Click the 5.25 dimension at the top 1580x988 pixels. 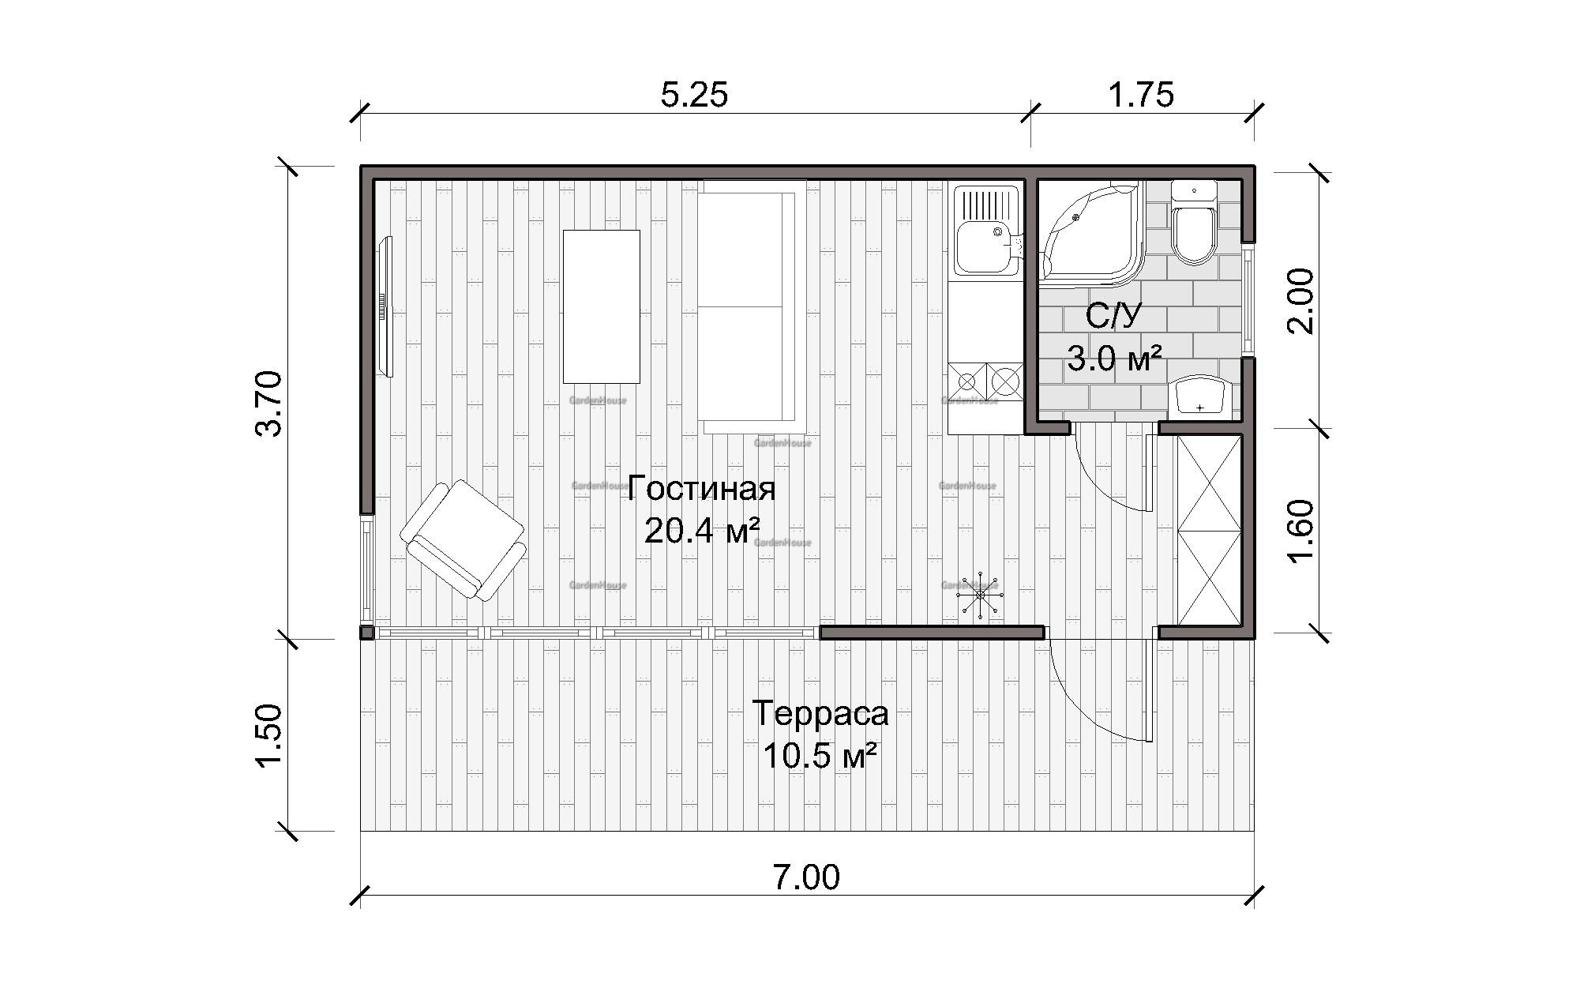(694, 96)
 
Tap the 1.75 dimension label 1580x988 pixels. (1141, 96)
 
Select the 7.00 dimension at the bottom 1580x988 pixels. (805, 877)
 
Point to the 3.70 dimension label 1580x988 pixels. (269, 404)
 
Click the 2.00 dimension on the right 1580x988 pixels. (1300, 301)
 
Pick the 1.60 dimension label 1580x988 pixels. (1300, 531)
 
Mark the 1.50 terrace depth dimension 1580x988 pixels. (269, 734)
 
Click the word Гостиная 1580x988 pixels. (701, 489)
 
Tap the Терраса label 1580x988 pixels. (820, 713)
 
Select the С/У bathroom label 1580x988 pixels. (1113, 317)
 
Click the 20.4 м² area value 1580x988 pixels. (701, 530)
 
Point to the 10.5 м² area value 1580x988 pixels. (820, 756)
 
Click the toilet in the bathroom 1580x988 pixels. (1194, 222)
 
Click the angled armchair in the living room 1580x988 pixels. (463, 541)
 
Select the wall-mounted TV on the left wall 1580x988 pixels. (385, 306)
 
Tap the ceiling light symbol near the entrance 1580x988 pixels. (980, 594)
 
